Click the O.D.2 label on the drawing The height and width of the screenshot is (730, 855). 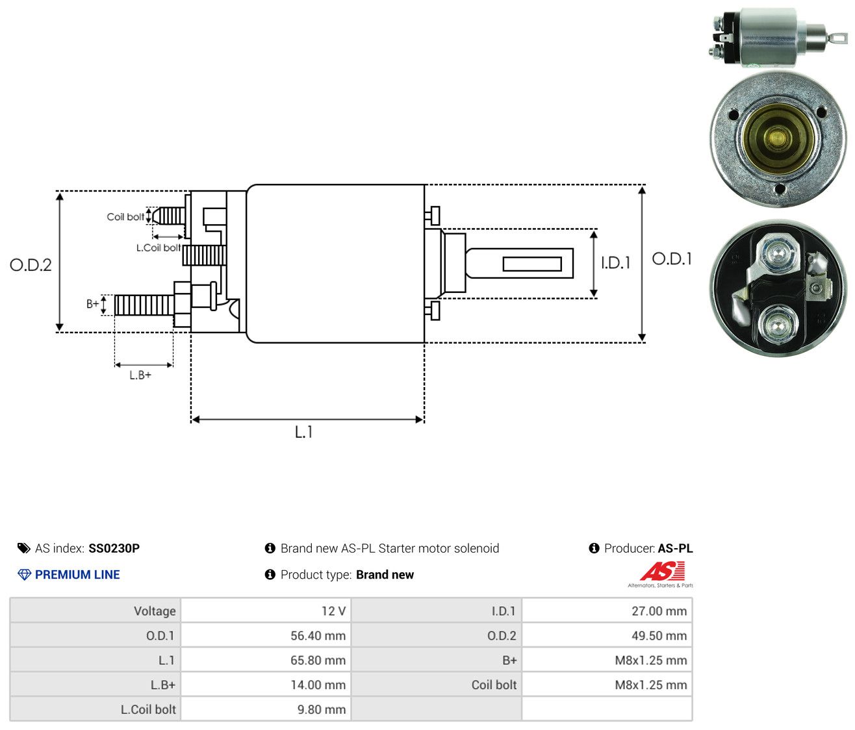pos(31,265)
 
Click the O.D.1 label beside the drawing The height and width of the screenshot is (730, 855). pos(672,259)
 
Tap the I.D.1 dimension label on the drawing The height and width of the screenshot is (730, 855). pos(616,262)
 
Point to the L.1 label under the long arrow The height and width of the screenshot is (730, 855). pos(303,432)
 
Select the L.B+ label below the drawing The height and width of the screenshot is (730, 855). pos(140,375)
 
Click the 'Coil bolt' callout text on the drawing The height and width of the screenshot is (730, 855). pos(125,217)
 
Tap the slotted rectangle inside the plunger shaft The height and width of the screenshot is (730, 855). pos(532,264)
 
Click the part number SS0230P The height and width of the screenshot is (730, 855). pos(114,548)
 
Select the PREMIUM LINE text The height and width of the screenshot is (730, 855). pos(77,575)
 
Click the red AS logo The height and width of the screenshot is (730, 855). pos(663,571)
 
